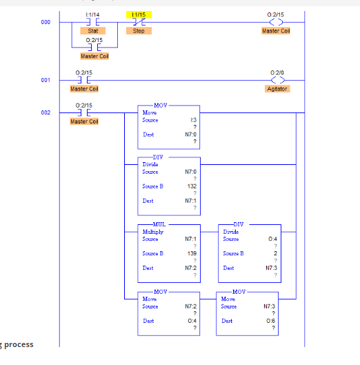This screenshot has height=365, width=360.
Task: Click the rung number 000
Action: click(x=46, y=22)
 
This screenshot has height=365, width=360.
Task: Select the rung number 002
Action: click(x=46, y=111)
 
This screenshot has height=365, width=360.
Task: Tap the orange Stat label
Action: click(x=92, y=31)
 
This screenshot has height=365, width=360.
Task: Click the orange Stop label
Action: click(x=139, y=31)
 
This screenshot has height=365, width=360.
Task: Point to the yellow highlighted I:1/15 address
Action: click(x=139, y=14)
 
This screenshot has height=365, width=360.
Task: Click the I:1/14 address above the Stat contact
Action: click(x=92, y=14)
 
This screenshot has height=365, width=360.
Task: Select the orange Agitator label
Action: click(x=277, y=89)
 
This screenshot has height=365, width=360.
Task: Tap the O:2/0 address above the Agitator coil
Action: click(x=277, y=72)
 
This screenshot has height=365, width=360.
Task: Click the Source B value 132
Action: click(x=192, y=186)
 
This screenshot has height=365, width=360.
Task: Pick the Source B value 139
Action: click(x=192, y=253)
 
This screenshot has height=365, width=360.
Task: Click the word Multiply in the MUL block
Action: click(x=153, y=232)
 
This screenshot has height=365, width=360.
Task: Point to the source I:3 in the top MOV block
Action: click(x=194, y=120)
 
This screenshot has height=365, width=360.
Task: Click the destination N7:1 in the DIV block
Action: click(x=191, y=201)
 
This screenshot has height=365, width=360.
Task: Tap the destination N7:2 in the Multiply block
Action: click(x=191, y=268)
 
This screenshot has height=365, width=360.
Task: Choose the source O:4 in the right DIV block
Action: click(x=272, y=239)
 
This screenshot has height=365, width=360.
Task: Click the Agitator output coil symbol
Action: click(x=277, y=81)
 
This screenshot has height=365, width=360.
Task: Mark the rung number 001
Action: click(x=46, y=81)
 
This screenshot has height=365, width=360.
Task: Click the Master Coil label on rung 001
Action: click(x=84, y=89)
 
